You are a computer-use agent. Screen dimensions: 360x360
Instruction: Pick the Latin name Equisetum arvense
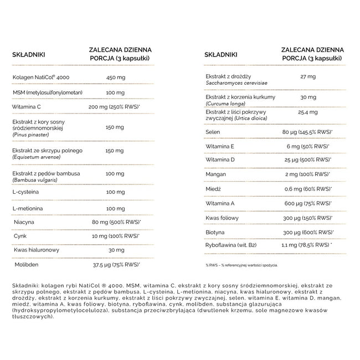pos(35,156)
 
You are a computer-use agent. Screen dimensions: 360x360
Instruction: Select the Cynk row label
pos(22,236)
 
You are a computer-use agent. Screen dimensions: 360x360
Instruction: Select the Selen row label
pos(212,132)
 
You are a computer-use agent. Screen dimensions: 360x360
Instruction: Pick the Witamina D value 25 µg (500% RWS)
pos(307,161)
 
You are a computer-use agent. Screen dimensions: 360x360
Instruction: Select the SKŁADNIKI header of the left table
pos(28,55)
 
